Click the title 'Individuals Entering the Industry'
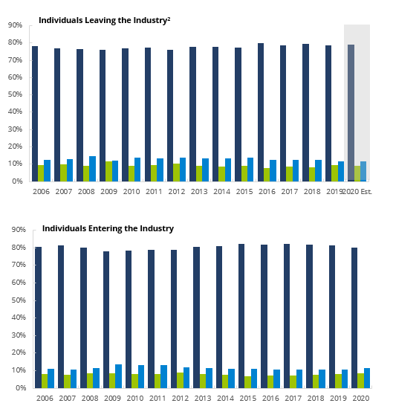[108, 228]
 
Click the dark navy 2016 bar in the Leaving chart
[261, 112]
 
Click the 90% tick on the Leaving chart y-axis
[13, 25]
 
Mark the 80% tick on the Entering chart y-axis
[14, 248]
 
